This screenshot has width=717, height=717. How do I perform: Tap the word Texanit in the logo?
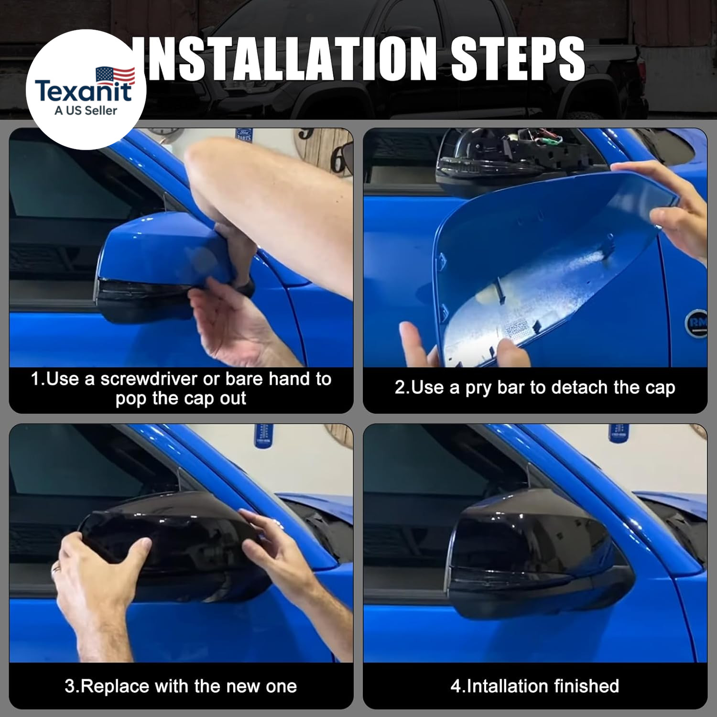(83, 91)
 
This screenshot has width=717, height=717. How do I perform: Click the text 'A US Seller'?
(86, 111)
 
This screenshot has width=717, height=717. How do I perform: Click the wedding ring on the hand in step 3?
(56, 567)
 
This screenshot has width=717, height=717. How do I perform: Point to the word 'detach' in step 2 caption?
(578, 387)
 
